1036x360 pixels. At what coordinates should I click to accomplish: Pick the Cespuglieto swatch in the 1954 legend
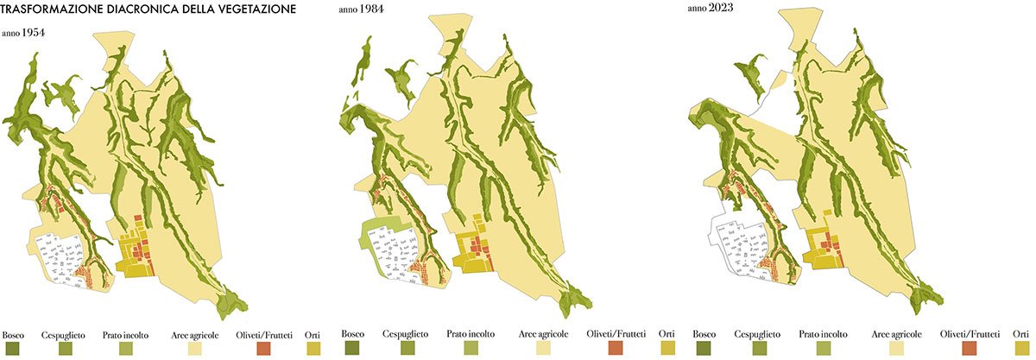coord(66,349)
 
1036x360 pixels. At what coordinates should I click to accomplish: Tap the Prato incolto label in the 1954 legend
coord(125,334)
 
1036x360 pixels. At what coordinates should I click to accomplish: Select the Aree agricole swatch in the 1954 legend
coord(195,349)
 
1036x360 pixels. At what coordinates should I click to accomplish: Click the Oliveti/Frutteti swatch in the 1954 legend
coord(264,349)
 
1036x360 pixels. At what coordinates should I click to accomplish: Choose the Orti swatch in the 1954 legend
coord(313,349)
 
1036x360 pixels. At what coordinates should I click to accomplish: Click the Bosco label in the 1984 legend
coord(353,333)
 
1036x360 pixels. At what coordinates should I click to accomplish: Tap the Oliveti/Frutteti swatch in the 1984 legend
coord(616,349)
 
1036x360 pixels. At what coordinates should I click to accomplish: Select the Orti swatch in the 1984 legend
coord(668,349)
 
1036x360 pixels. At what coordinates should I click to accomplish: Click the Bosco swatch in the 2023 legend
coord(705,349)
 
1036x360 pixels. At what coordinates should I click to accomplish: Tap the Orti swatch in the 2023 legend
coord(1020,349)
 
